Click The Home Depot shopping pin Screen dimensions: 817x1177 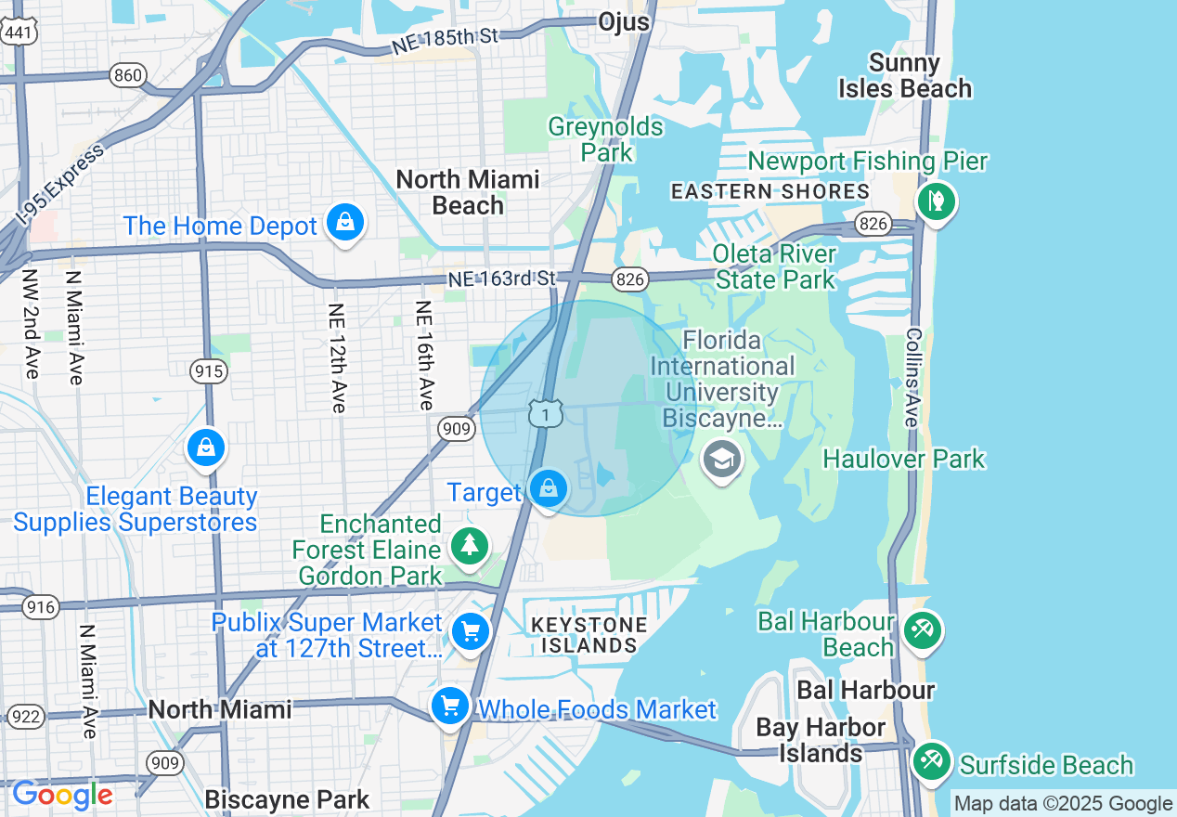pyautogui.click(x=345, y=223)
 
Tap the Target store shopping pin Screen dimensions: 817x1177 pyautogui.click(x=548, y=488)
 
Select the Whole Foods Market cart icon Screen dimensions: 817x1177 pyautogui.click(x=451, y=707)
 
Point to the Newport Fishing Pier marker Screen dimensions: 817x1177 pyautogui.click(x=936, y=200)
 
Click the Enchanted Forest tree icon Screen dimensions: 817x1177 pyautogui.click(x=471, y=546)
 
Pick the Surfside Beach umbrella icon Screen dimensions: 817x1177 pyautogui.click(x=930, y=762)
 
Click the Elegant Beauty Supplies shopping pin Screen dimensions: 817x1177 pyautogui.click(x=206, y=449)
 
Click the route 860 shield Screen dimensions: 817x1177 pyautogui.click(x=127, y=74)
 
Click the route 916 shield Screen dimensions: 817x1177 pyautogui.click(x=40, y=608)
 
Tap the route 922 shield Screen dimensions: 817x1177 pyautogui.click(x=25, y=716)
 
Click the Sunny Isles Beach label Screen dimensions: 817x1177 pyautogui.click(x=904, y=76)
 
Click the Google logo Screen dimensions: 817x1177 pyautogui.click(x=62, y=796)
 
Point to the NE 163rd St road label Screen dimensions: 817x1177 pyautogui.click(x=501, y=278)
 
